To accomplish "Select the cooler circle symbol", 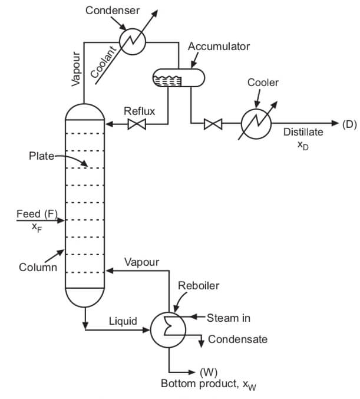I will click(x=256, y=124).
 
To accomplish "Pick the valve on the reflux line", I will click(x=137, y=124).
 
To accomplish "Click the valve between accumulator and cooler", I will click(x=213, y=124).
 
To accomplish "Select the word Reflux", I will click(x=139, y=111).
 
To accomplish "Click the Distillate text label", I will click(x=303, y=132).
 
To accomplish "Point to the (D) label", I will click(x=349, y=124).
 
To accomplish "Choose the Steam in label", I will click(x=228, y=318).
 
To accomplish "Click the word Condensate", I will click(x=237, y=339).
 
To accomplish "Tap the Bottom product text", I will click(x=200, y=384).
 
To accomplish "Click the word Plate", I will click(x=41, y=156).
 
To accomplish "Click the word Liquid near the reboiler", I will click(x=123, y=321).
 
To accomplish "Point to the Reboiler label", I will click(x=199, y=286).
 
